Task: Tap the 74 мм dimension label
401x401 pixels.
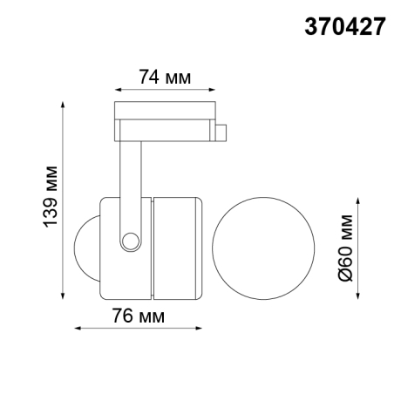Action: [x=165, y=76]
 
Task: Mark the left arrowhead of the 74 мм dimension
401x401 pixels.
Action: [x=117, y=89]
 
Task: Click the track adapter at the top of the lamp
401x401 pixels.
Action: [x=166, y=120]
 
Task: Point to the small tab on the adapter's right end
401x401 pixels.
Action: [x=222, y=133]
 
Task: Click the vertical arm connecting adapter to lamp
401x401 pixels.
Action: [x=132, y=174]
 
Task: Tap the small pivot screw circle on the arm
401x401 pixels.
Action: [x=131, y=240]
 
